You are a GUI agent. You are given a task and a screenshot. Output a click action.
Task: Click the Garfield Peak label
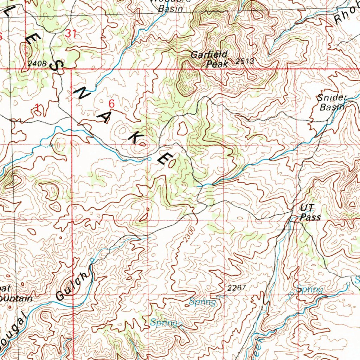click(x=210, y=59)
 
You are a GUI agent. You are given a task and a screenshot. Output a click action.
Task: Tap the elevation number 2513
click(x=245, y=61)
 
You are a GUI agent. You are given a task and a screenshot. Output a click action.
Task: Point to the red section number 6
click(x=111, y=104)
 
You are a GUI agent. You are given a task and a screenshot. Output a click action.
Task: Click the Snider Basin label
click(x=332, y=102)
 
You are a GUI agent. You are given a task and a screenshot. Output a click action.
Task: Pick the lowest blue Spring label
click(x=164, y=322)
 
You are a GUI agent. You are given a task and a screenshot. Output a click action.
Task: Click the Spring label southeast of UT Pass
click(x=309, y=289)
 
